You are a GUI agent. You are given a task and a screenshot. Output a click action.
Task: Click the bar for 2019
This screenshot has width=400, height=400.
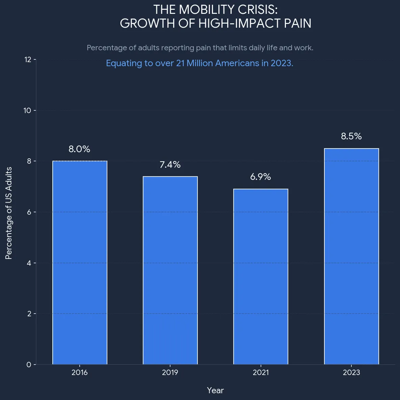[x=170, y=270]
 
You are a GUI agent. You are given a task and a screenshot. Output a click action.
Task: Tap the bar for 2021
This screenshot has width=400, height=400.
[x=261, y=277]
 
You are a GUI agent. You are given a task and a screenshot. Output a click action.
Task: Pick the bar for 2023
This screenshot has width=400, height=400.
[x=351, y=257]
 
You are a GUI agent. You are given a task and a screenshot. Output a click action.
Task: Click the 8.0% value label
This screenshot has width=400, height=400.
[x=79, y=149]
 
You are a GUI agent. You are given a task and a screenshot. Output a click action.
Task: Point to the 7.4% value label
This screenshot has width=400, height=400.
[x=170, y=165]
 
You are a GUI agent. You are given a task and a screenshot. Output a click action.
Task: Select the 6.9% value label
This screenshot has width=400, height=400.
[x=261, y=177]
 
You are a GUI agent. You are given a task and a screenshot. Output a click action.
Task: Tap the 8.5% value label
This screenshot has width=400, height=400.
[x=351, y=136]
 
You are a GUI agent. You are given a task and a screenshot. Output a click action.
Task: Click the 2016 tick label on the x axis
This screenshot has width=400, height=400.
[x=80, y=373]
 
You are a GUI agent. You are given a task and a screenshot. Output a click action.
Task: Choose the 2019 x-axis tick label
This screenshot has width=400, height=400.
[x=170, y=373]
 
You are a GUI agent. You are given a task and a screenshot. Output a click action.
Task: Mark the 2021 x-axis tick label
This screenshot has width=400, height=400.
[x=261, y=373]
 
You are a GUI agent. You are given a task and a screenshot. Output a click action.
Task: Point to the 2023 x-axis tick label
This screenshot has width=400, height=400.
[x=351, y=373]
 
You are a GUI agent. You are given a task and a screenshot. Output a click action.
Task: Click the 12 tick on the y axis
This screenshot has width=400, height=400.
[x=28, y=60]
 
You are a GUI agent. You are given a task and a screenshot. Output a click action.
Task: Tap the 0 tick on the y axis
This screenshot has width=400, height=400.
[x=29, y=365]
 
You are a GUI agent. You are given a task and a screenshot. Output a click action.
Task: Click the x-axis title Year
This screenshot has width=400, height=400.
[x=215, y=391]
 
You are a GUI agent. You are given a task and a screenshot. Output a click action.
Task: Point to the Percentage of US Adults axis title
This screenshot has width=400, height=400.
[x=9, y=213]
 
